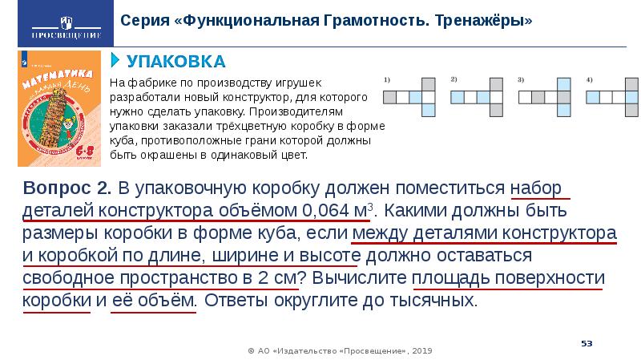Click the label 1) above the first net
tap(387, 79)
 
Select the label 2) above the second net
tap(454, 79)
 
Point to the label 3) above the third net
tap(521, 79)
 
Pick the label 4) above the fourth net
tap(588, 79)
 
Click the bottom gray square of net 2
tap(497, 110)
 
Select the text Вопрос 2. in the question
tap(68, 188)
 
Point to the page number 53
tap(587, 343)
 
